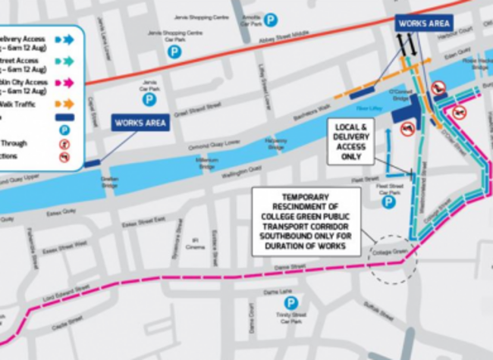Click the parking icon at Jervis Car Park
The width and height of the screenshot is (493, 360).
point(149,99)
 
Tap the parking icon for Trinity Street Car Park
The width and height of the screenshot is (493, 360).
point(290,302)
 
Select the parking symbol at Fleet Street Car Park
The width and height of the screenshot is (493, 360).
point(388,202)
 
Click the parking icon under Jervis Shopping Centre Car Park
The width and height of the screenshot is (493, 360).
point(174,52)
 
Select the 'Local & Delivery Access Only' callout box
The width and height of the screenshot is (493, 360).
point(350,141)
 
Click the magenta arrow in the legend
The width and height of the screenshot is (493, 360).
point(64,82)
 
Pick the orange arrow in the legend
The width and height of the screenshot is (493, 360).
point(64,103)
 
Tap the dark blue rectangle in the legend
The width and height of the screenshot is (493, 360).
point(64,117)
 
